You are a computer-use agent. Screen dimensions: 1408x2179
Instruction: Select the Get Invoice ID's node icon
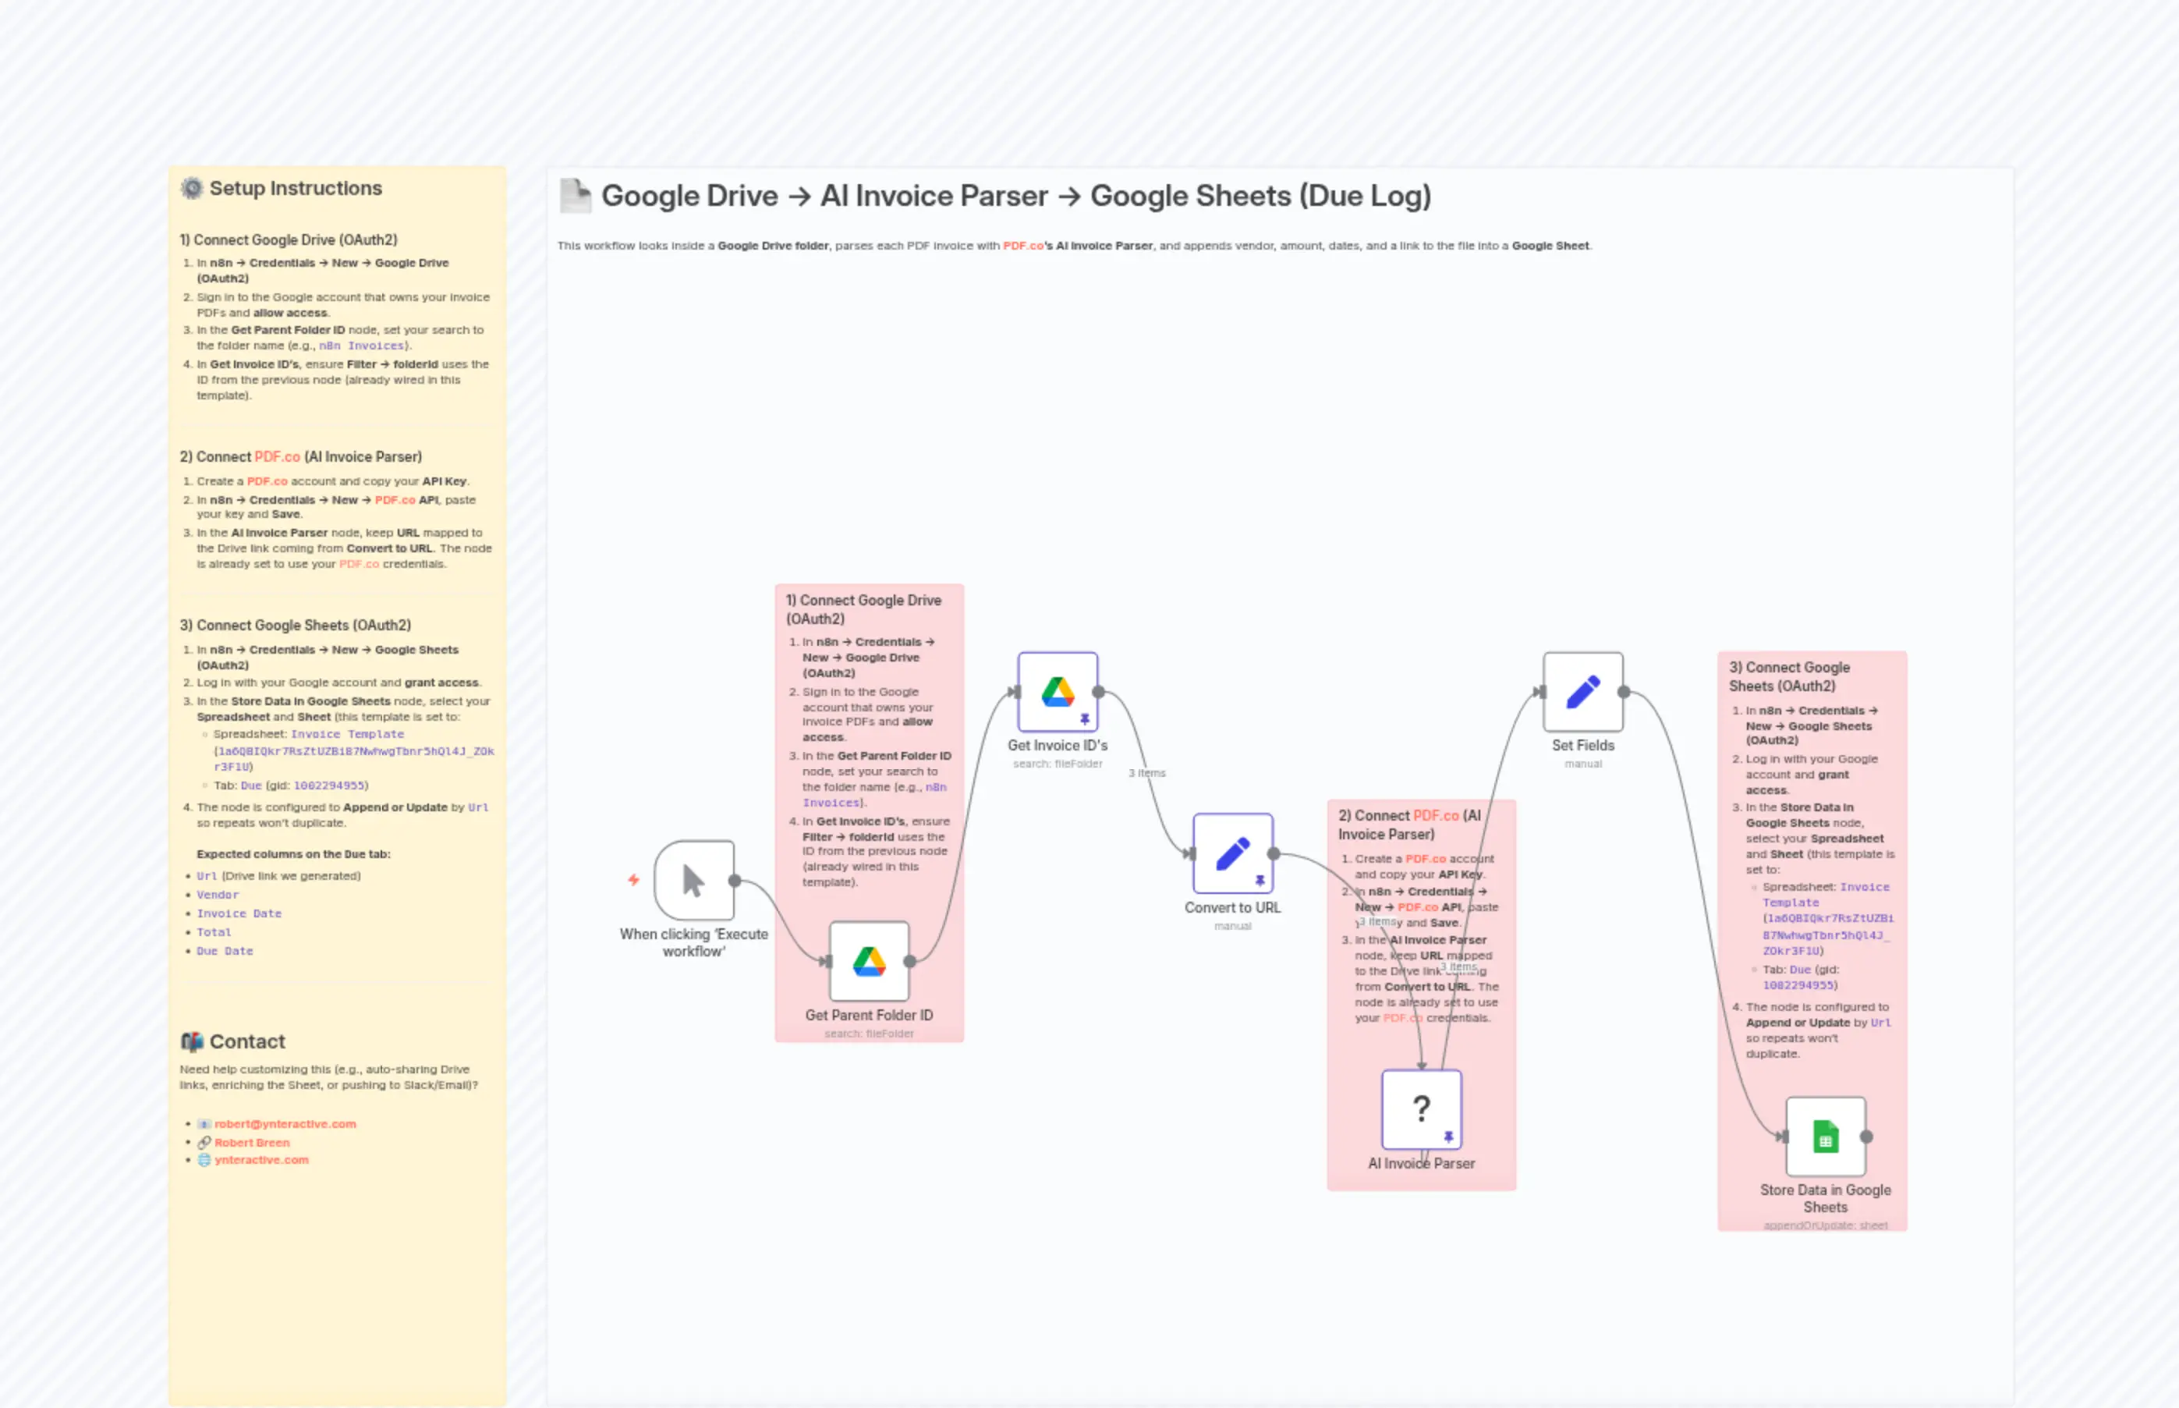[1058, 692]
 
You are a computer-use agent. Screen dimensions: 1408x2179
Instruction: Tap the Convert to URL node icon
[1232, 854]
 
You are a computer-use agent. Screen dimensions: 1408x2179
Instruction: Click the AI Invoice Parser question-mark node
[1421, 1109]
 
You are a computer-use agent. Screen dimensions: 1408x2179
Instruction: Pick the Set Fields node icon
[1583, 692]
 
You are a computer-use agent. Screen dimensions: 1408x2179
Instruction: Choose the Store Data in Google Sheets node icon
[1825, 1137]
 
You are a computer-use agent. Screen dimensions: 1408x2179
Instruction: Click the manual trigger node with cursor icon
[694, 881]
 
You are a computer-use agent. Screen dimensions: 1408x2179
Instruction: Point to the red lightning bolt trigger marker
[633, 880]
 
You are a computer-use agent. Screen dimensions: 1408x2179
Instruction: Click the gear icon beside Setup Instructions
[192, 188]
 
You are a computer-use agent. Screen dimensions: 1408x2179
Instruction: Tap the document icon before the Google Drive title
[575, 196]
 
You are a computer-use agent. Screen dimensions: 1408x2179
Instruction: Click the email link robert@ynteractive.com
[285, 1123]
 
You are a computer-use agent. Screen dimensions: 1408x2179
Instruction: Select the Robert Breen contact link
[251, 1142]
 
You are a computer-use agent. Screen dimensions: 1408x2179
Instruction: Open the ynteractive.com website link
[261, 1159]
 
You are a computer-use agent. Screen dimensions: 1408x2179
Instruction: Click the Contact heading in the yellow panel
[246, 1041]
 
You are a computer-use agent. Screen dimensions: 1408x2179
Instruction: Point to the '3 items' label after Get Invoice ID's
[1147, 772]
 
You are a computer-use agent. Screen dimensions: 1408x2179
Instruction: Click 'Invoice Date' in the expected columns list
[239, 913]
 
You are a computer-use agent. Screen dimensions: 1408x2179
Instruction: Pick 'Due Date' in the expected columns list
[225, 951]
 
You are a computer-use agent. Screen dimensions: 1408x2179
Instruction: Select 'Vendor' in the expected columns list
[218, 895]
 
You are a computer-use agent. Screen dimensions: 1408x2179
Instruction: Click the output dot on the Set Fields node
[1625, 692]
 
